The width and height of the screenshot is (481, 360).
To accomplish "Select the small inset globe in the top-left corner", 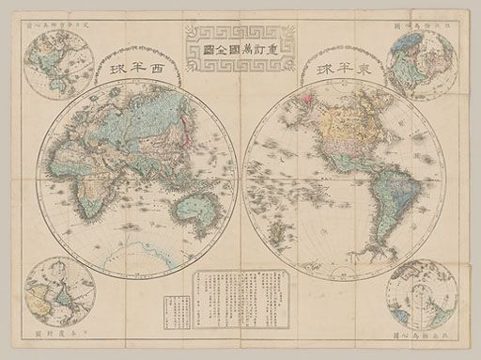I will pos(60,63).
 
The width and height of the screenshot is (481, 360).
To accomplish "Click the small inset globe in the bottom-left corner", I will pos(60,292).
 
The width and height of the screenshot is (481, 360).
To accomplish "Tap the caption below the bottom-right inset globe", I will pos(422,336).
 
